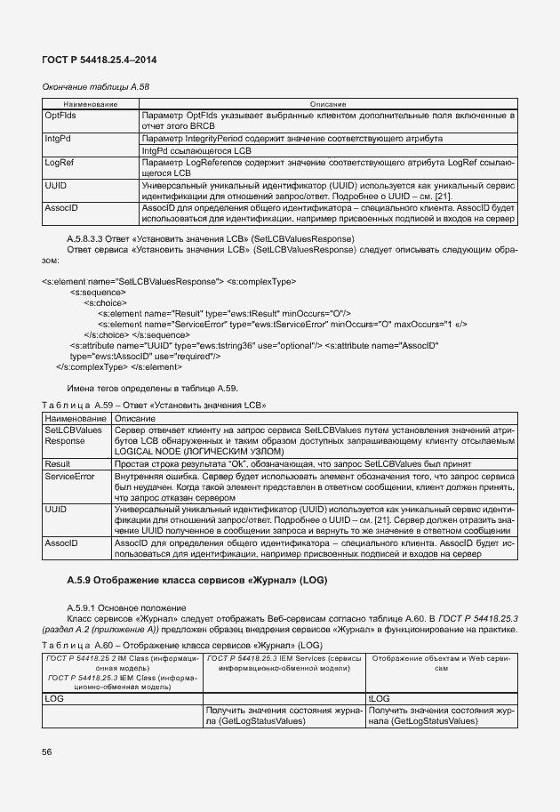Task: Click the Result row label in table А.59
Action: pyautogui.click(x=58, y=464)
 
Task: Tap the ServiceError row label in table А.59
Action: pyautogui.click(x=69, y=477)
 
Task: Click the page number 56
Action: pyautogui.click(x=46, y=752)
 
